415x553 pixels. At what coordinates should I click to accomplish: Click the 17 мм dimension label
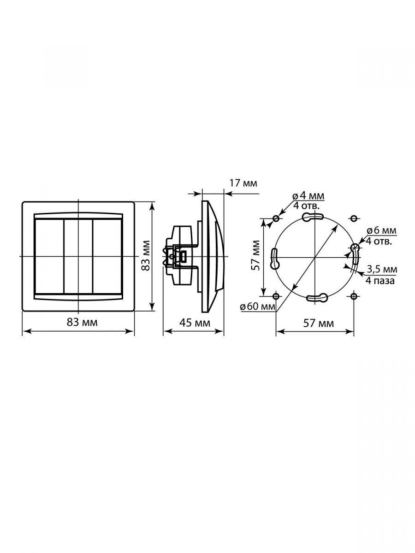243,183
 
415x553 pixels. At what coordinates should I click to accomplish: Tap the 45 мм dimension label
195,323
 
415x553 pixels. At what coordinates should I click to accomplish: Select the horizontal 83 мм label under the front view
82,322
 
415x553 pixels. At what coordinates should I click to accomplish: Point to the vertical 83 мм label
146,255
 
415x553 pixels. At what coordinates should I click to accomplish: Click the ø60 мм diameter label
257,306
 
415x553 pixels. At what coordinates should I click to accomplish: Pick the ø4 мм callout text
308,195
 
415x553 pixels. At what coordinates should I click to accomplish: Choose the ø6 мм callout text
381,230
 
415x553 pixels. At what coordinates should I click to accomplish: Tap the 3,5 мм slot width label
382,269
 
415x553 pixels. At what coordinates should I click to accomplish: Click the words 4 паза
380,280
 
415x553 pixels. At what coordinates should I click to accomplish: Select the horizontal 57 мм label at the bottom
319,323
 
